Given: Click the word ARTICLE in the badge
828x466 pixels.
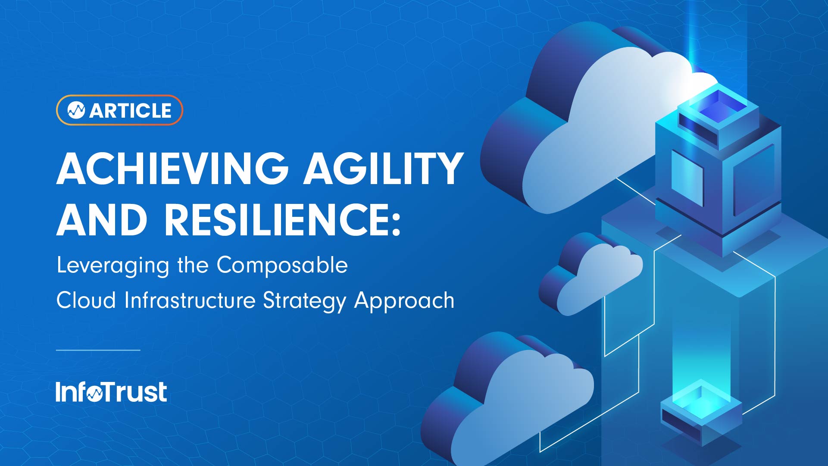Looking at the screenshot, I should coord(130,110).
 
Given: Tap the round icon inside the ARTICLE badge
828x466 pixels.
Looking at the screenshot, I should coord(76,110).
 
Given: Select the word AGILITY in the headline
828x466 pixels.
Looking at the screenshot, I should coord(383,169).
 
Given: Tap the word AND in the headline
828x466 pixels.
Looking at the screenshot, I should coord(102,220).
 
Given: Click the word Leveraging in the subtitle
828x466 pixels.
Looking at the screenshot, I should coord(112,266).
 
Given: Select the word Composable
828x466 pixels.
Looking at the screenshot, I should coord(282,265).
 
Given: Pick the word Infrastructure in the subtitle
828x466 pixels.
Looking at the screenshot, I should coord(190,300).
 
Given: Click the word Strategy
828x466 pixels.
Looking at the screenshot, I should coord(304,301).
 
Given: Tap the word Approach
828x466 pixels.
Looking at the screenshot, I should coord(404,301).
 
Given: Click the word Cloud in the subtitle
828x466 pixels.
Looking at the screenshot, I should coord(86,300).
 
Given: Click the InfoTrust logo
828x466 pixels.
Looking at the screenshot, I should coord(111,392).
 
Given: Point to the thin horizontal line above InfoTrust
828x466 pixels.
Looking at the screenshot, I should coord(98,350).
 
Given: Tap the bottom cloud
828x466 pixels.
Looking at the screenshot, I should coord(517,401).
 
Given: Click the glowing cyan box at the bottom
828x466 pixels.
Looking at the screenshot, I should coord(701,410).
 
